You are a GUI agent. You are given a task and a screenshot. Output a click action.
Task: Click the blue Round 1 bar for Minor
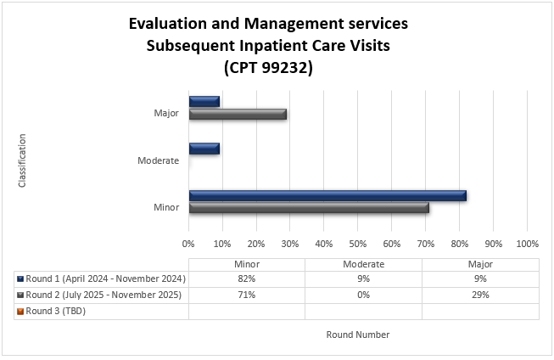[327, 196]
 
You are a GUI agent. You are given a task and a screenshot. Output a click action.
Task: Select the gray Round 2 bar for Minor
[309, 207]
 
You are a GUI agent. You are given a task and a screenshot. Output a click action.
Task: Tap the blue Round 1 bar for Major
[204, 102]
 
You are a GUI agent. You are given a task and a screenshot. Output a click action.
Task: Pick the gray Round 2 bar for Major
[238, 114]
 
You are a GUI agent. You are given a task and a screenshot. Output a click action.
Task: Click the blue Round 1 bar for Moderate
[204, 149]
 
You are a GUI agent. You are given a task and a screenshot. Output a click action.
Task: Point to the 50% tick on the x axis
[357, 243]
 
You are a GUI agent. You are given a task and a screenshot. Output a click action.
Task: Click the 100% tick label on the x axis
[526, 243]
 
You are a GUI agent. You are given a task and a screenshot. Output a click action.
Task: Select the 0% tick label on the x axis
[188, 243]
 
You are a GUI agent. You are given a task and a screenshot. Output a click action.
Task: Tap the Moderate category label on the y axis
[159, 160]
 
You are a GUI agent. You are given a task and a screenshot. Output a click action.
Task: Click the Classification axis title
[23, 160]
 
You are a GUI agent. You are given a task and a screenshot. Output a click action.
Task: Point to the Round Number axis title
[358, 335]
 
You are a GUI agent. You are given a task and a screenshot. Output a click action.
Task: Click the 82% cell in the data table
[246, 278]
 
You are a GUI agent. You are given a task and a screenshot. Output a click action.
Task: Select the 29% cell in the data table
[480, 295]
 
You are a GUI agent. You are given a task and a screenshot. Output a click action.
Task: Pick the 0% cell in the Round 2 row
[363, 295]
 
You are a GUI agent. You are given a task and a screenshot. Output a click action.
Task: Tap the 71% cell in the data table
[246, 295]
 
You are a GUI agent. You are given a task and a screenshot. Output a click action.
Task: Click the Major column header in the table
[480, 264]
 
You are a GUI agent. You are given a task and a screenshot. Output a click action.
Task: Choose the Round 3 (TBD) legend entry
[56, 311]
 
